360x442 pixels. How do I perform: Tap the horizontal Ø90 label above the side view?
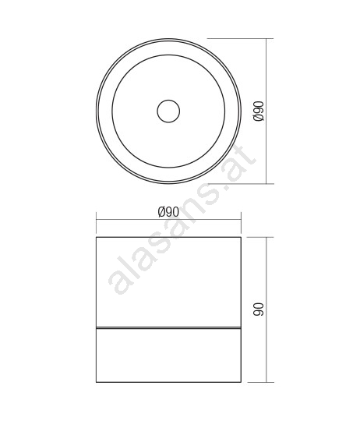(168, 212)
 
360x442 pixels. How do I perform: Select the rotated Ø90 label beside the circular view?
(259, 111)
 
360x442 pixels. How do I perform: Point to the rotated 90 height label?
(259, 309)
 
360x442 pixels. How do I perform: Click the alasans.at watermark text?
(182, 220)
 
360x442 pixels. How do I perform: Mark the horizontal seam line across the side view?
(168, 328)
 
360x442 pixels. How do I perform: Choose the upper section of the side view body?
(168, 282)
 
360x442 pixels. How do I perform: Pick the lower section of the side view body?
(168, 355)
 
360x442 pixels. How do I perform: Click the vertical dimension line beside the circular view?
(266, 111)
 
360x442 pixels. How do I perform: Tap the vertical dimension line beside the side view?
(266, 309)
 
